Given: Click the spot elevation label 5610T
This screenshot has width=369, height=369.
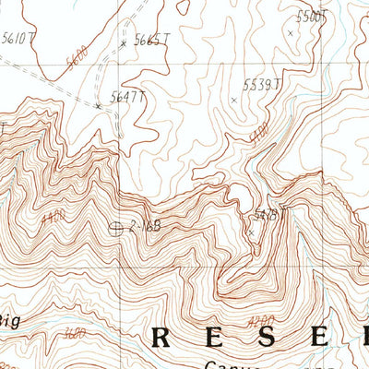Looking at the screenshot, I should click(18, 38).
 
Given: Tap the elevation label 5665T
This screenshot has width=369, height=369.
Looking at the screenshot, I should click(152, 40).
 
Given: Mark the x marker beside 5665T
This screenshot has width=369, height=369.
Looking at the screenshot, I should click(123, 43).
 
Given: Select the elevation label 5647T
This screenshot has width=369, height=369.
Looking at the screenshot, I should click(128, 96).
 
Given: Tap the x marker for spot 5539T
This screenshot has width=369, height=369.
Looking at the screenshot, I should click(233, 100).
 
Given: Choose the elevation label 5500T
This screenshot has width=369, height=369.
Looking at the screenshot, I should click(312, 16).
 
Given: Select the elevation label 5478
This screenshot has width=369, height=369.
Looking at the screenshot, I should click(265, 215).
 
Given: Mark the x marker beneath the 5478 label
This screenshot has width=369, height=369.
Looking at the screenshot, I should click(250, 232).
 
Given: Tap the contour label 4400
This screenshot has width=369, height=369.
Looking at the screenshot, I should click(53, 217).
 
